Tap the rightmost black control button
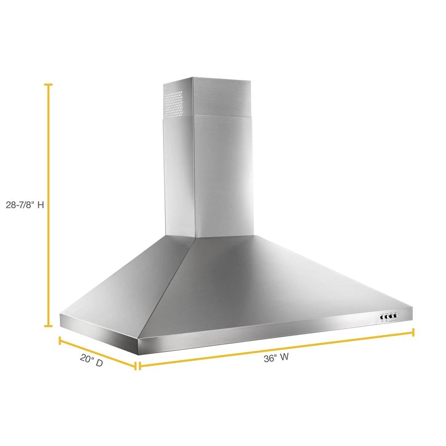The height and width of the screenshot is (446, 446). click(x=395, y=316)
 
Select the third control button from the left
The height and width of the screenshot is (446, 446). click(x=390, y=316)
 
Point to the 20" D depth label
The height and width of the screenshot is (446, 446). click(x=92, y=363)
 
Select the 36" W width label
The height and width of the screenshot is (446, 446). click(x=276, y=359)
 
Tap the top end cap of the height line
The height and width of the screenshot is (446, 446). click(x=48, y=85)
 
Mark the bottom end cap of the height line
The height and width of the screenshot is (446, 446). click(x=48, y=326)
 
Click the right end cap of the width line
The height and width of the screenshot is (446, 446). click(x=413, y=332)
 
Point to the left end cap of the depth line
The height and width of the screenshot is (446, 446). click(x=60, y=340)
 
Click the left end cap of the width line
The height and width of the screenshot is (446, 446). click(x=140, y=366)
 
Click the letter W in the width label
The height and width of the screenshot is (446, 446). click(x=284, y=359)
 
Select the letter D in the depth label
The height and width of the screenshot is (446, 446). click(x=99, y=364)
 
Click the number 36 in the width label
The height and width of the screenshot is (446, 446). click(x=269, y=359)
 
